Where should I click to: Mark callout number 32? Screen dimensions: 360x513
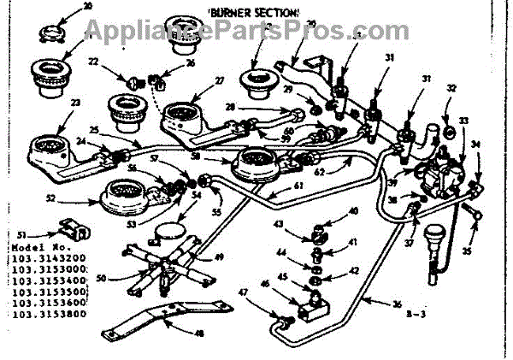click(x=453, y=88)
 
